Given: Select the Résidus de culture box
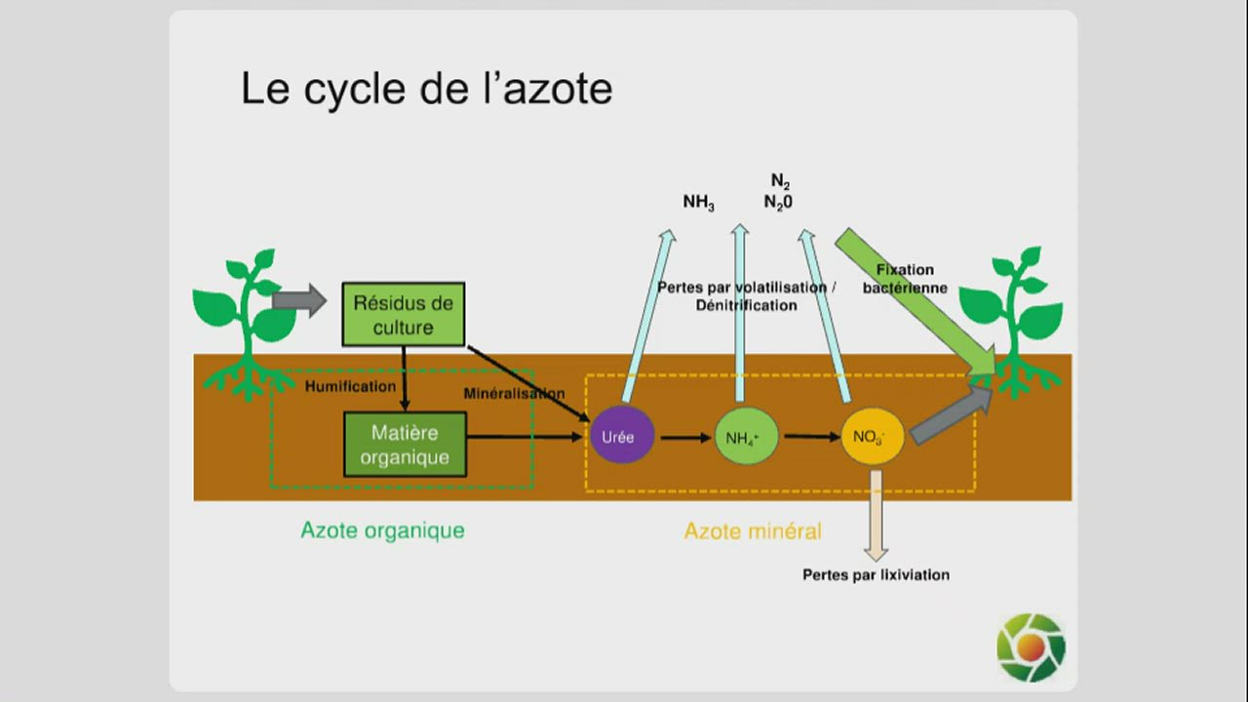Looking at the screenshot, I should [x=403, y=314].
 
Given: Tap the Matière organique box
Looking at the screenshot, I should [x=405, y=445].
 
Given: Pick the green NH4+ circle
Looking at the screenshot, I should [x=747, y=437].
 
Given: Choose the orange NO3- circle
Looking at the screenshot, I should [x=872, y=436].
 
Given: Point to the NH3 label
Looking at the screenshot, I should [x=698, y=203].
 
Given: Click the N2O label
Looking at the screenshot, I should [x=778, y=203].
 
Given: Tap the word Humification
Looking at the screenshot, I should [x=350, y=386].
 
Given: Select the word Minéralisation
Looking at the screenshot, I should [x=514, y=393].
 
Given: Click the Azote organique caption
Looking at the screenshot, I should [x=382, y=530].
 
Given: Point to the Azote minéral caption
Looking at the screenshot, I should [x=752, y=531].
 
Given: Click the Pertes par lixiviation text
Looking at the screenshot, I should [x=876, y=575].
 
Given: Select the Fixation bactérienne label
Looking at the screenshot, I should [x=905, y=279].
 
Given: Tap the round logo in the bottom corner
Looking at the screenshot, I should [x=1031, y=647].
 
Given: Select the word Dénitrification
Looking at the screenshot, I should [x=746, y=305].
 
